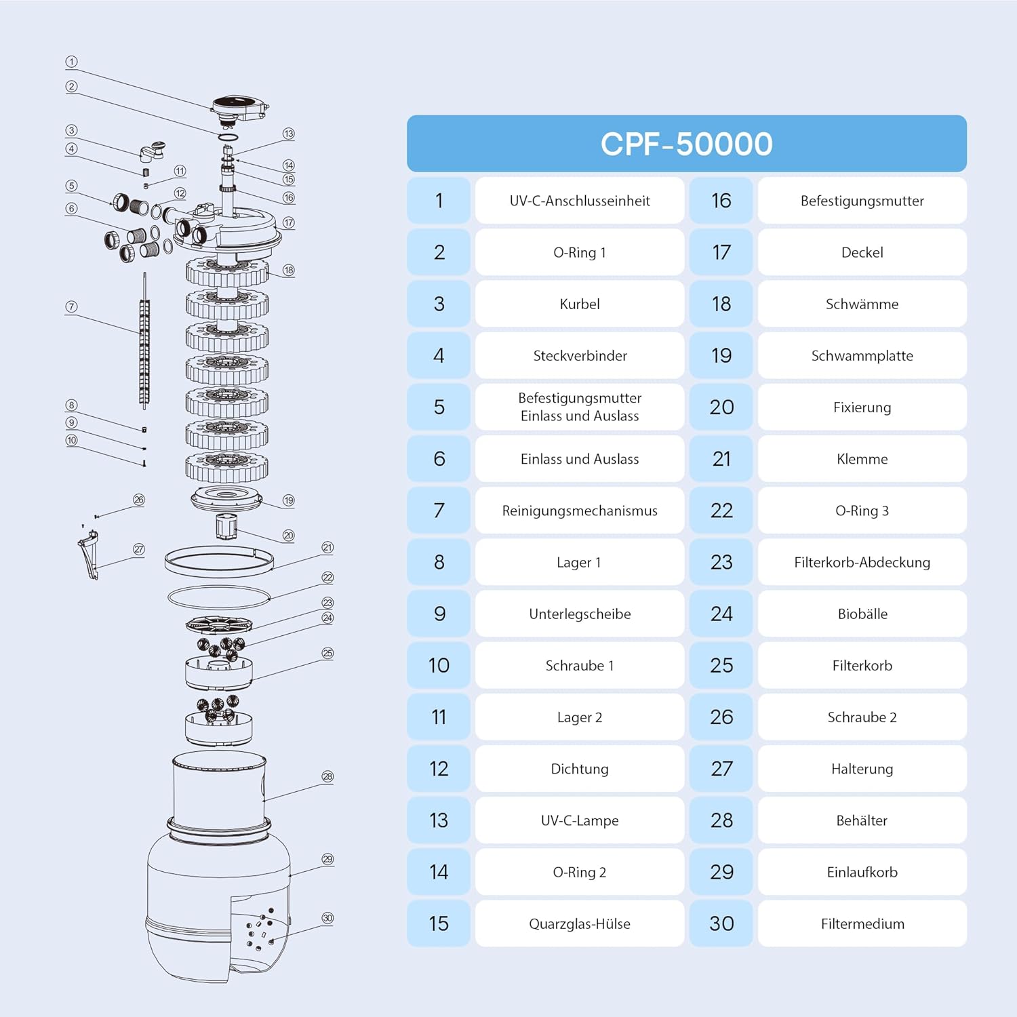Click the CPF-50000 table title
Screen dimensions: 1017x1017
tap(686, 144)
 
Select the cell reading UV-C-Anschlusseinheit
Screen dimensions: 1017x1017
tap(580, 201)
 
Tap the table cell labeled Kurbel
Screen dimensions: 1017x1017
tap(580, 304)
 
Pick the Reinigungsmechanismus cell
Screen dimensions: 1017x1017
tap(580, 511)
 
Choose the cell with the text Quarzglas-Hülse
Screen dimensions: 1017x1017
tap(580, 923)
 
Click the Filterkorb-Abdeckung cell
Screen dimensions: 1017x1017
tap(862, 562)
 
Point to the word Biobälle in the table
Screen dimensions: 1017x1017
tap(862, 614)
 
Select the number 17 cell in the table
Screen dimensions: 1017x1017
tap(721, 252)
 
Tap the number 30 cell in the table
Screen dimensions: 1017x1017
tap(721, 923)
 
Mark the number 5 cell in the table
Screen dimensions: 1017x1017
tap(439, 407)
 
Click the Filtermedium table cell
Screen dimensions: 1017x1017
tap(862, 923)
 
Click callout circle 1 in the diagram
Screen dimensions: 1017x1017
tap(71, 62)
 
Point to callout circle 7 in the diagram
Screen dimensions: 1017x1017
tap(71, 306)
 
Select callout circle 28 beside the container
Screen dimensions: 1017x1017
tap(327, 776)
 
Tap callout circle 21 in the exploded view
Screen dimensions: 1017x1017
tap(327, 547)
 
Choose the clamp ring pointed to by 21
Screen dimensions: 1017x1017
tap(219, 562)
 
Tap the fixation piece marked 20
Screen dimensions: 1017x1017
tap(226, 525)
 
